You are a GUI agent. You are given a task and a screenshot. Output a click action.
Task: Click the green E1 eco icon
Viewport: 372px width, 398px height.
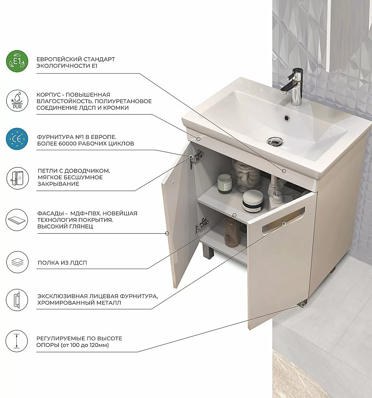[17, 61]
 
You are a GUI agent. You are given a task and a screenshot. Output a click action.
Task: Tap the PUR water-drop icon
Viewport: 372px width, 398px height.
[17, 101]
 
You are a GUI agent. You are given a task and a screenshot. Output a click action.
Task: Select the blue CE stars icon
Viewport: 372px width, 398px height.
[17, 139]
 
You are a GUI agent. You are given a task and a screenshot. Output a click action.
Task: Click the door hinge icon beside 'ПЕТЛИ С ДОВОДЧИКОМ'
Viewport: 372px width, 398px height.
[17, 178]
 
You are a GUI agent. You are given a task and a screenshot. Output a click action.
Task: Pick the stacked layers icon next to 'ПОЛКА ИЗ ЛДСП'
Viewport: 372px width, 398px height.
[17, 262]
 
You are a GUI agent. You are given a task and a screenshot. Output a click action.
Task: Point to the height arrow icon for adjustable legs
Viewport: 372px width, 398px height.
[17, 341]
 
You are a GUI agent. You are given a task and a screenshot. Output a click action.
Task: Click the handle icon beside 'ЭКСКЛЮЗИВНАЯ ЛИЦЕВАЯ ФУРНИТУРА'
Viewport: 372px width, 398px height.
[17, 300]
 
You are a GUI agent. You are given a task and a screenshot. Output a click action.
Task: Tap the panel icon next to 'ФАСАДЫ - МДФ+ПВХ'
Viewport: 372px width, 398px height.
[17, 220]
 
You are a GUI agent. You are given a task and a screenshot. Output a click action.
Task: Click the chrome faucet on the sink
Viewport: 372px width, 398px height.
[294, 86]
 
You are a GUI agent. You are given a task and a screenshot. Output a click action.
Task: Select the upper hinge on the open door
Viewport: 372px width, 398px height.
[197, 156]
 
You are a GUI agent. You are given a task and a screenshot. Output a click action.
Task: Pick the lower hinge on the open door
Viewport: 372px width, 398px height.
[202, 225]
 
